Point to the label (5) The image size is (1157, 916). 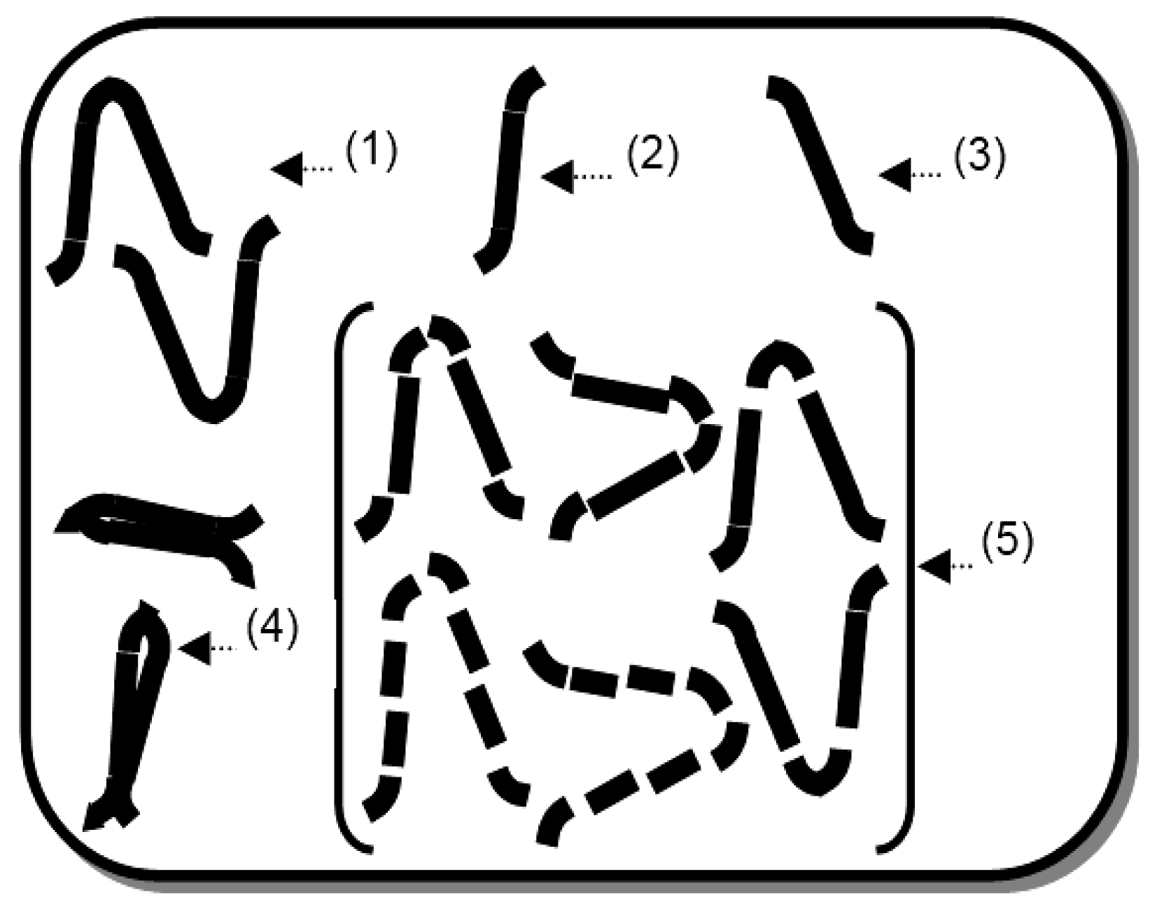pos(1007,542)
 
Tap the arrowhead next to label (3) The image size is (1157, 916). pos(895,175)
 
